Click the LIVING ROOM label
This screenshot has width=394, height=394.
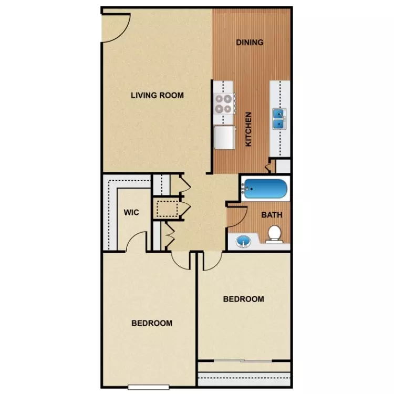[157, 95]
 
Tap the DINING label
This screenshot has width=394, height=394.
[250, 43]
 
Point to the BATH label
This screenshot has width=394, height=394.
[272, 215]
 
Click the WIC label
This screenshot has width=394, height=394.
[131, 213]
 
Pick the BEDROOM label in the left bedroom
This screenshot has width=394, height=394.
[152, 323]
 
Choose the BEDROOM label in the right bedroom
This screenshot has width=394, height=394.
[244, 299]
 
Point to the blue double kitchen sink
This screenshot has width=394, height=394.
[279, 119]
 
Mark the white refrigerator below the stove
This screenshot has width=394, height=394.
[224, 138]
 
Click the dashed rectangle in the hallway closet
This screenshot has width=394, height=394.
[167, 209]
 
